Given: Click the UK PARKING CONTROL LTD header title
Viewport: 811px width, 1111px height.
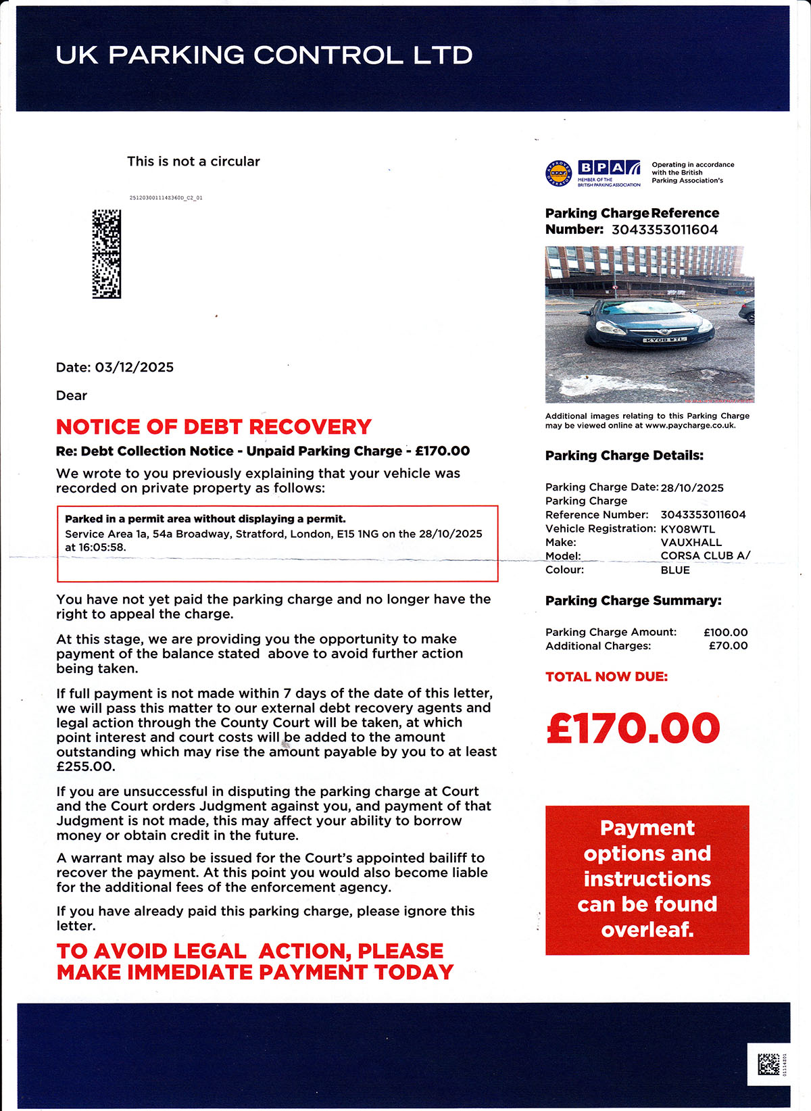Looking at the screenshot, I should [264, 55].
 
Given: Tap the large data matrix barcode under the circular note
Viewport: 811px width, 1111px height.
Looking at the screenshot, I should [106, 254].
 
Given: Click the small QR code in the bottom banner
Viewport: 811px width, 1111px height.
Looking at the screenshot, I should [768, 1064].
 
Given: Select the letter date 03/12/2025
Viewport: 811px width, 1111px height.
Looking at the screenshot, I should [134, 368].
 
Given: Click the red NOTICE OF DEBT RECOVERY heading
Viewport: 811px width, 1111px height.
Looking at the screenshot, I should [214, 427].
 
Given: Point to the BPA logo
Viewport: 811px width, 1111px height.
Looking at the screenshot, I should [609, 168].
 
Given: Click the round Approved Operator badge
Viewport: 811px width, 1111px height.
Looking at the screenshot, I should [558, 174].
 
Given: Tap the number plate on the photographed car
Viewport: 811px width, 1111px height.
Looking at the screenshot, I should [664, 339].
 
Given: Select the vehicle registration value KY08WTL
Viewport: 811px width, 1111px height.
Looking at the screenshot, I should [687, 528].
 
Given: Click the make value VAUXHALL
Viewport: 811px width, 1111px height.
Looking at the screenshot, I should [691, 543].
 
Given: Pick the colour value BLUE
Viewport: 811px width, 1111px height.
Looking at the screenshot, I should [675, 570].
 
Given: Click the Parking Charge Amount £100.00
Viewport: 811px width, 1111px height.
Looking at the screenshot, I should [725, 633].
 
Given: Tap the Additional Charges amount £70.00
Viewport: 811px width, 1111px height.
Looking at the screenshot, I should [728, 646].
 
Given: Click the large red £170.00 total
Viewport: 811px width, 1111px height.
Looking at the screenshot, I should [633, 727].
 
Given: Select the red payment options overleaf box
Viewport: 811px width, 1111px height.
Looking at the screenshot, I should [647, 879].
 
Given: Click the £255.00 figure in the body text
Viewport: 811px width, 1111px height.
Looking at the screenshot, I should [86, 767].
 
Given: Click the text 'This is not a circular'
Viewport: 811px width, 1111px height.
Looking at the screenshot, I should [193, 162].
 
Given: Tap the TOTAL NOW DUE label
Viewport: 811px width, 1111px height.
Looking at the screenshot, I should [606, 676].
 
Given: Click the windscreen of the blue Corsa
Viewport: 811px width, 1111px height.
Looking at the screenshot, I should [639, 310].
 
